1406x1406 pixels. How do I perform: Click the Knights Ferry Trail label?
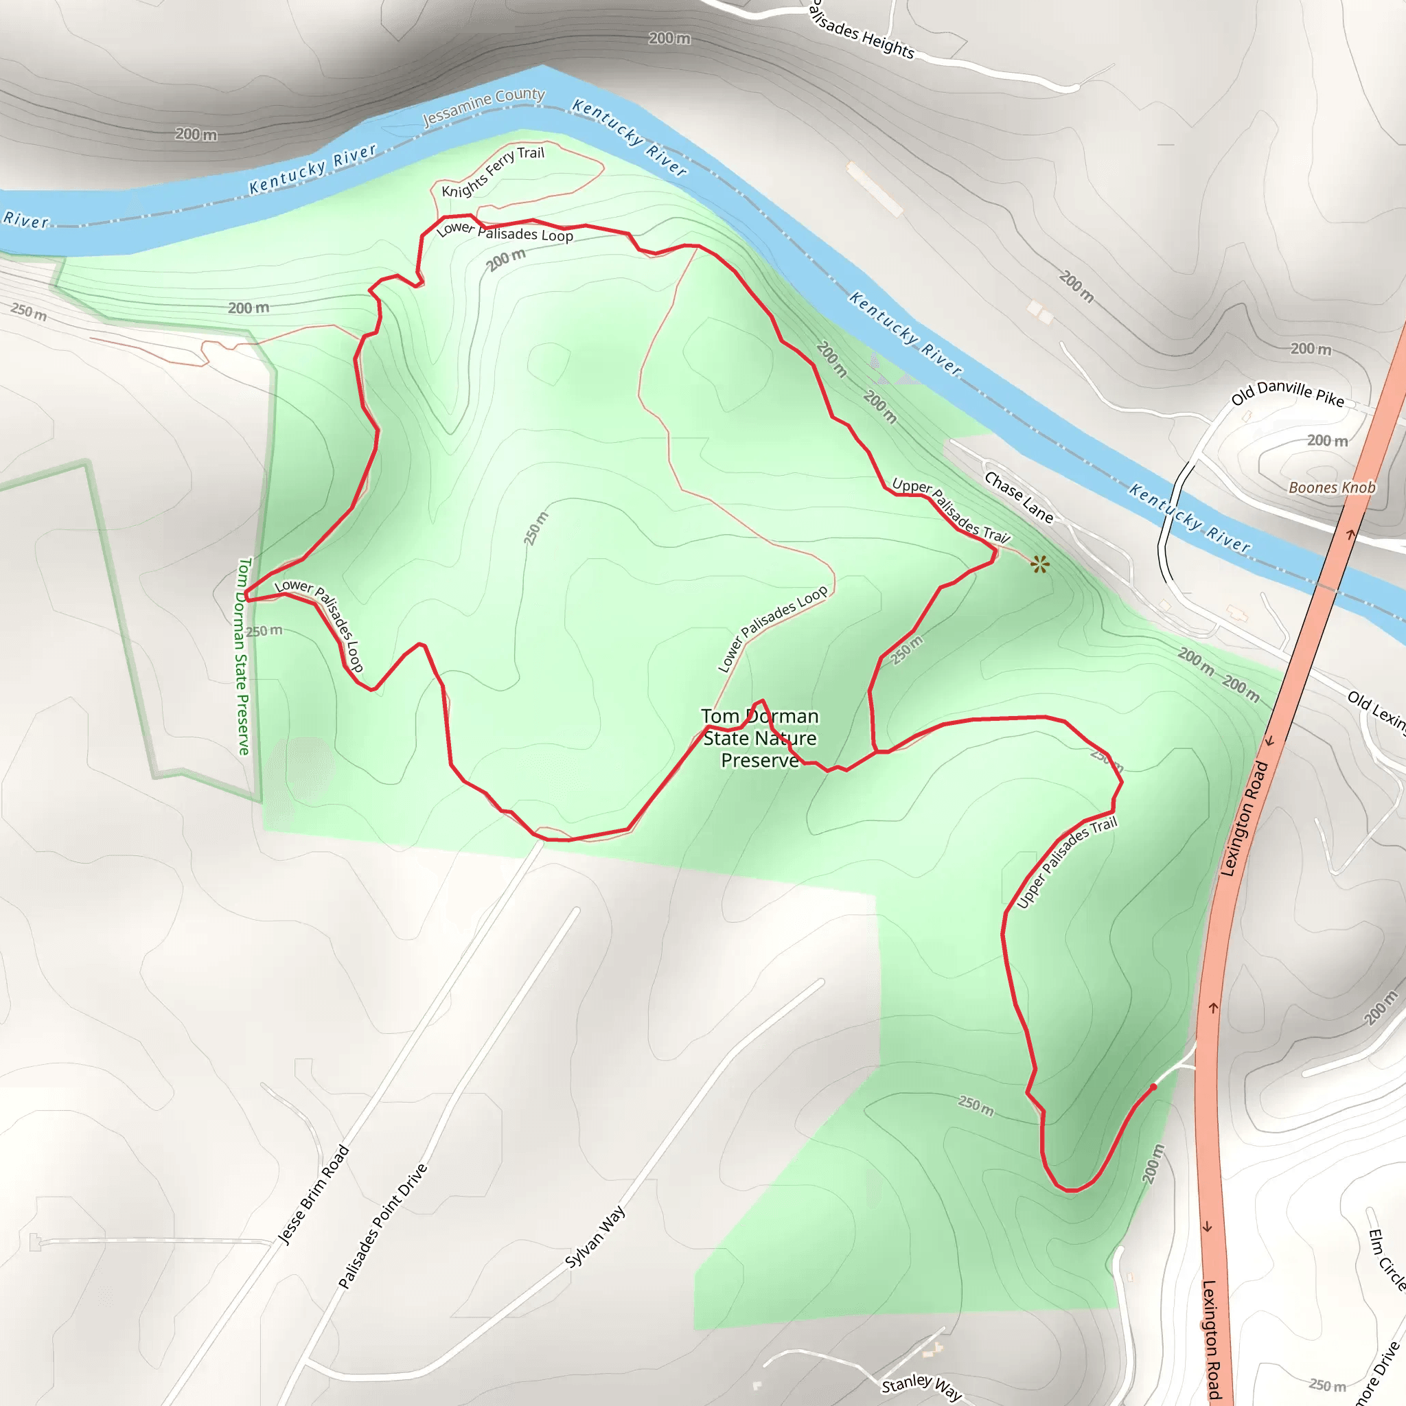(493, 171)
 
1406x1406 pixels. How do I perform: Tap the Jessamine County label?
(483, 106)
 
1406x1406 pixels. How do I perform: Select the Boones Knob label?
(1332, 487)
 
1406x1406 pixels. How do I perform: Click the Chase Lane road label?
(1018, 498)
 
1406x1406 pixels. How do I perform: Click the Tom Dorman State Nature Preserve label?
(760, 738)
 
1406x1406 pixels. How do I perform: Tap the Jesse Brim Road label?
(314, 1195)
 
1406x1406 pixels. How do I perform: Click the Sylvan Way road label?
(595, 1236)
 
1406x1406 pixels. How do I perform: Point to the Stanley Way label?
(921, 1387)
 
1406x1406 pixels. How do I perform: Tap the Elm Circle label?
(1385, 1259)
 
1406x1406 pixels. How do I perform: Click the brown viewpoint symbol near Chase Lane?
(1040, 564)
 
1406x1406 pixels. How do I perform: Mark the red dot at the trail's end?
(1153, 1087)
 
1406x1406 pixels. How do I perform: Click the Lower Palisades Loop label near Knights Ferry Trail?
(505, 232)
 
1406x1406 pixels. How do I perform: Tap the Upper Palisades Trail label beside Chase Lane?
(950, 511)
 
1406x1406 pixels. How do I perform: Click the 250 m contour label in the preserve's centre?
(536, 529)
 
